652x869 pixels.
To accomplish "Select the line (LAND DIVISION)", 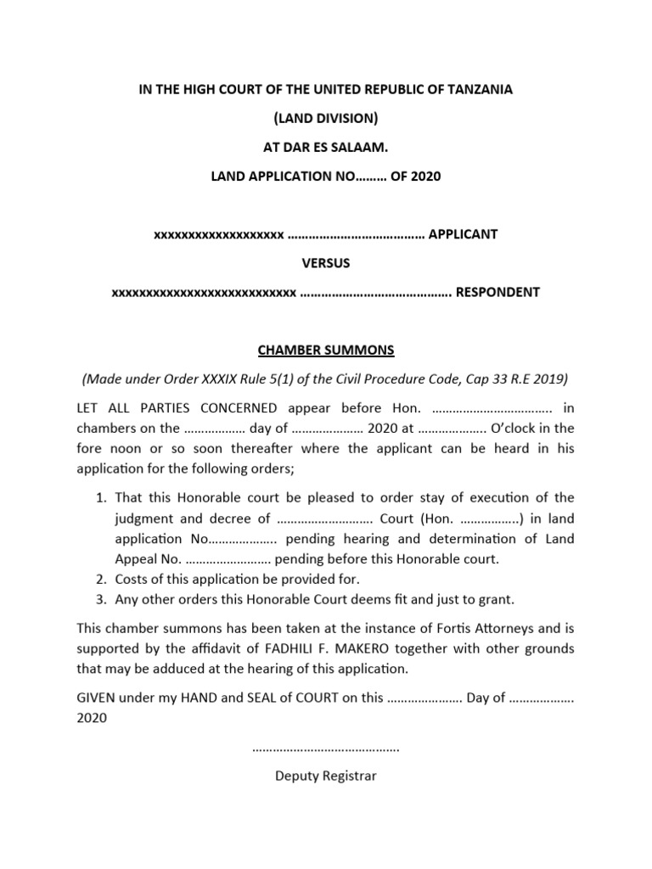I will click(325, 118).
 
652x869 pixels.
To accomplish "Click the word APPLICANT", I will click(463, 234).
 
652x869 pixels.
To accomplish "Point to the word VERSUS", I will click(326, 263).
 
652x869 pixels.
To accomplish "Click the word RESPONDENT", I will click(498, 293).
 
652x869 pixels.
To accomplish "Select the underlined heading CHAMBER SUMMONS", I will click(326, 350).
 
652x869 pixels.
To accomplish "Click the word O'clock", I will click(520, 428).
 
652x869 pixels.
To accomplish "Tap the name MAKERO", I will click(314, 648).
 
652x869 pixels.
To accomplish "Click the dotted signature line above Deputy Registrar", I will click(326, 748).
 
